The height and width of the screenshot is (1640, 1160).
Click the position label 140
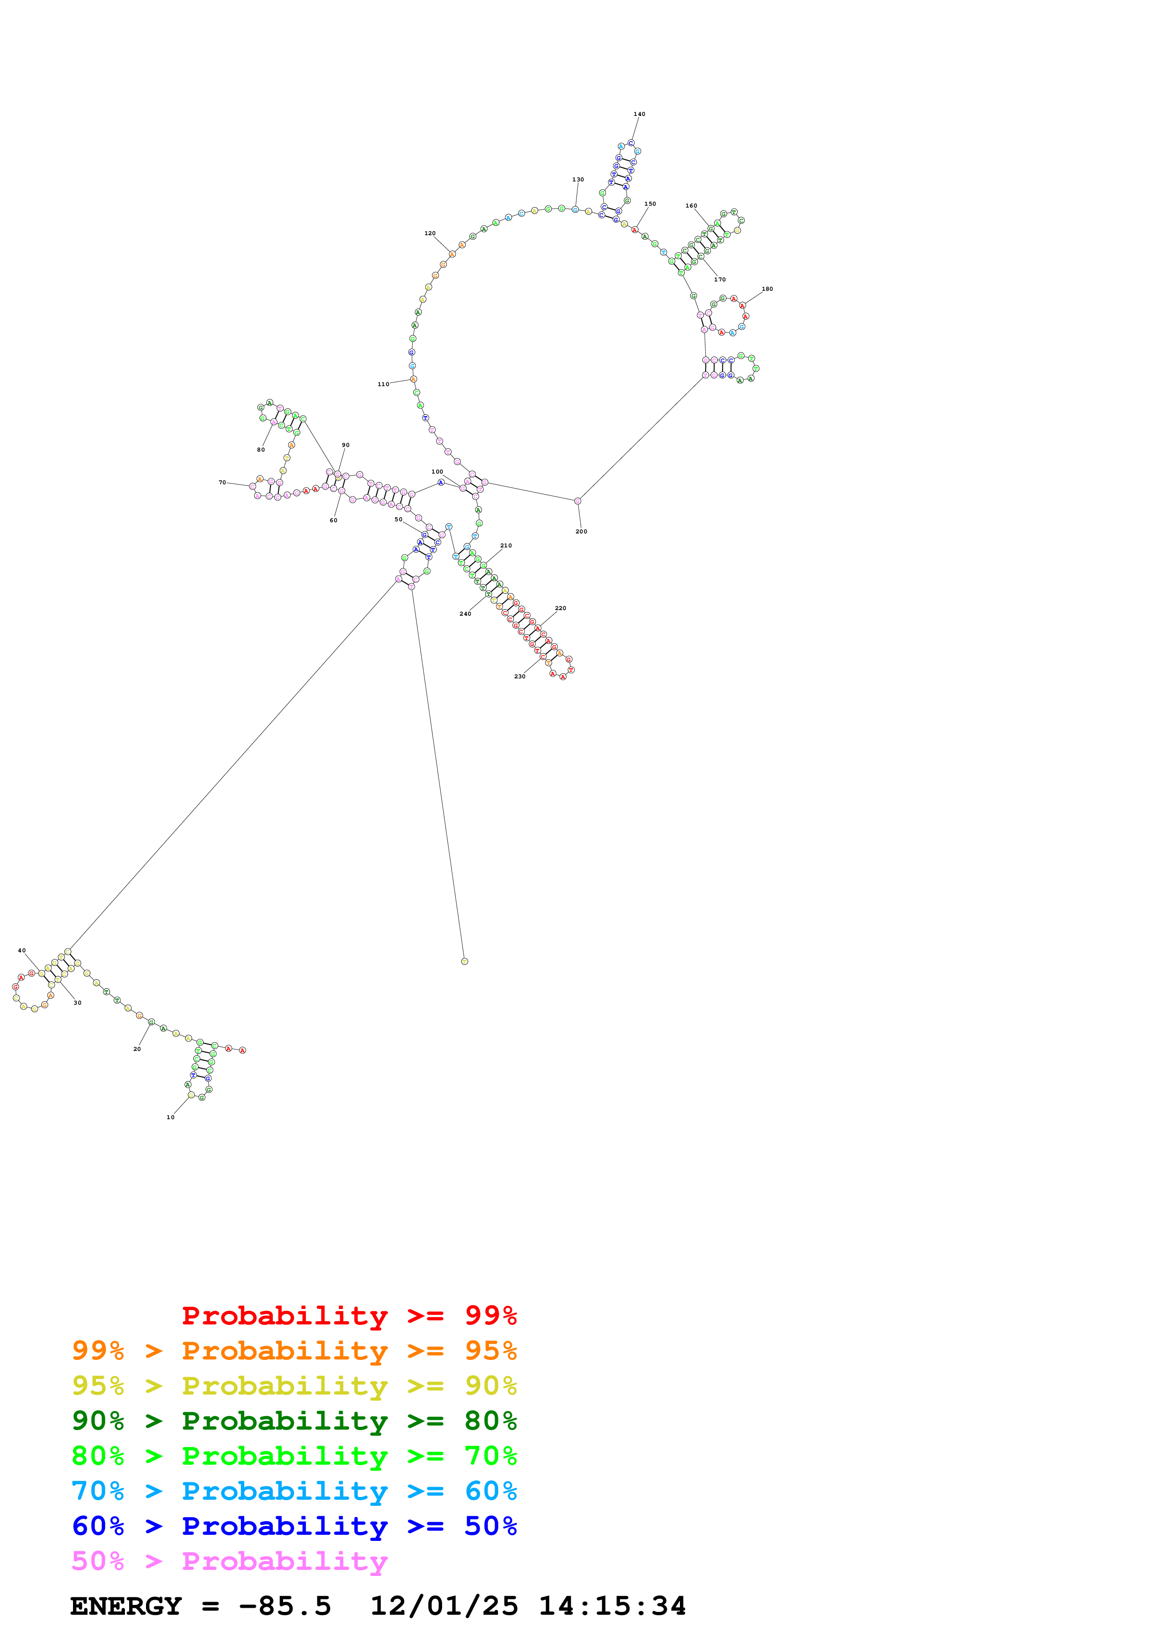tap(639, 114)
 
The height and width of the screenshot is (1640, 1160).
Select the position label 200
tap(581, 532)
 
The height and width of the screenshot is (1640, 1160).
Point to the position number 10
tap(170, 1117)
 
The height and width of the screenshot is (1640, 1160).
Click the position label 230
tap(519, 676)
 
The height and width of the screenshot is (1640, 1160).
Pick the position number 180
tap(767, 289)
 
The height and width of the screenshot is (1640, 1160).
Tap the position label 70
tap(222, 483)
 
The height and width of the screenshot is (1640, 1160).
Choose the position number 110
tap(383, 384)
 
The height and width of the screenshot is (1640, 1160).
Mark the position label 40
tap(22, 951)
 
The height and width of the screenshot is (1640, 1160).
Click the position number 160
tap(691, 206)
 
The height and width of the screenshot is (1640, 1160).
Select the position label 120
tap(430, 234)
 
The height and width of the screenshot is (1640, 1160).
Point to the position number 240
tap(465, 613)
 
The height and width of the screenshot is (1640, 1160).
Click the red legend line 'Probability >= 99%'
tap(349, 1315)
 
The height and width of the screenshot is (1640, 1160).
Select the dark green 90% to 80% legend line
tap(294, 1421)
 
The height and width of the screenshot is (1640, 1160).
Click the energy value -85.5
tap(285, 1606)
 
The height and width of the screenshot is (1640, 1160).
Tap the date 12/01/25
tap(444, 1606)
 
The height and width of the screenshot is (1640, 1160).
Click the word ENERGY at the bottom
tap(126, 1606)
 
